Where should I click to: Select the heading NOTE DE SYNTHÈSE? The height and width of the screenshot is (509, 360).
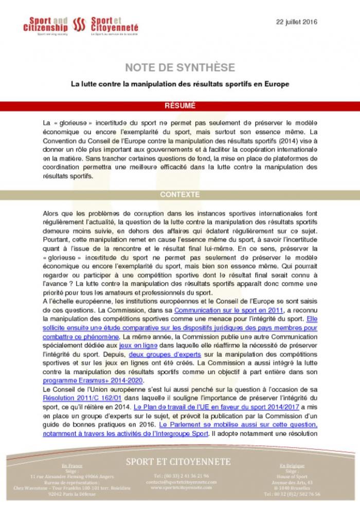click(x=180, y=68)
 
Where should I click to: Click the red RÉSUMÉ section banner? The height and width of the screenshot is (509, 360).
click(x=180, y=106)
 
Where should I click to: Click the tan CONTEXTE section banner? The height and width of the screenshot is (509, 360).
click(x=180, y=195)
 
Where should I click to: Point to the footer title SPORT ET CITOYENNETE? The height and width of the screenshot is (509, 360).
click(x=180, y=462)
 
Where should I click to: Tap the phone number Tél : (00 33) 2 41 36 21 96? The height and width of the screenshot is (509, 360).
click(x=179, y=476)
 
